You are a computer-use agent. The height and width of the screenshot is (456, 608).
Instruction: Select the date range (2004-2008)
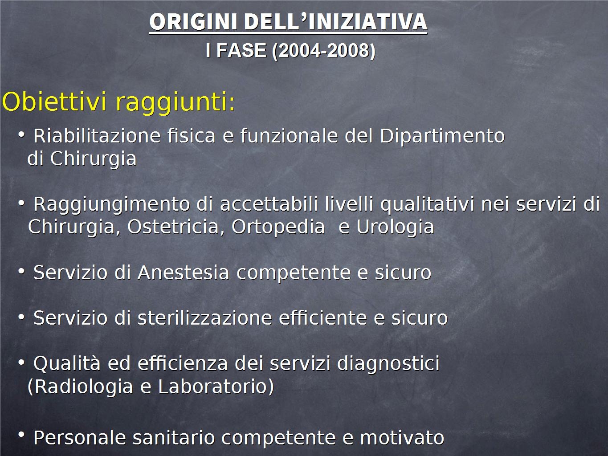[x=323, y=51]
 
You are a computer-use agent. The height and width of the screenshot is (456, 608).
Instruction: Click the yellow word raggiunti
[x=175, y=103]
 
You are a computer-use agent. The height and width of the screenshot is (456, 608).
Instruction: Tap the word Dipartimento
[x=442, y=136]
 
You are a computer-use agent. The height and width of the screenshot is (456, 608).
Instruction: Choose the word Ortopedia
[x=278, y=227]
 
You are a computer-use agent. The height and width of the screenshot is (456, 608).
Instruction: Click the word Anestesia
[x=184, y=272]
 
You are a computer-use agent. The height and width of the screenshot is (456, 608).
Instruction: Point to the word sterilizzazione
[x=205, y=318]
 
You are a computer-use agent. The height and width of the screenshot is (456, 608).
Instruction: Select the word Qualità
[x=67, y=363]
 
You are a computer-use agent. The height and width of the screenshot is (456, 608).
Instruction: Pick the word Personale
[x=80, y=437]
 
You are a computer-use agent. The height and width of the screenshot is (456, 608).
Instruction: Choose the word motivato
[x=402, y=438]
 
